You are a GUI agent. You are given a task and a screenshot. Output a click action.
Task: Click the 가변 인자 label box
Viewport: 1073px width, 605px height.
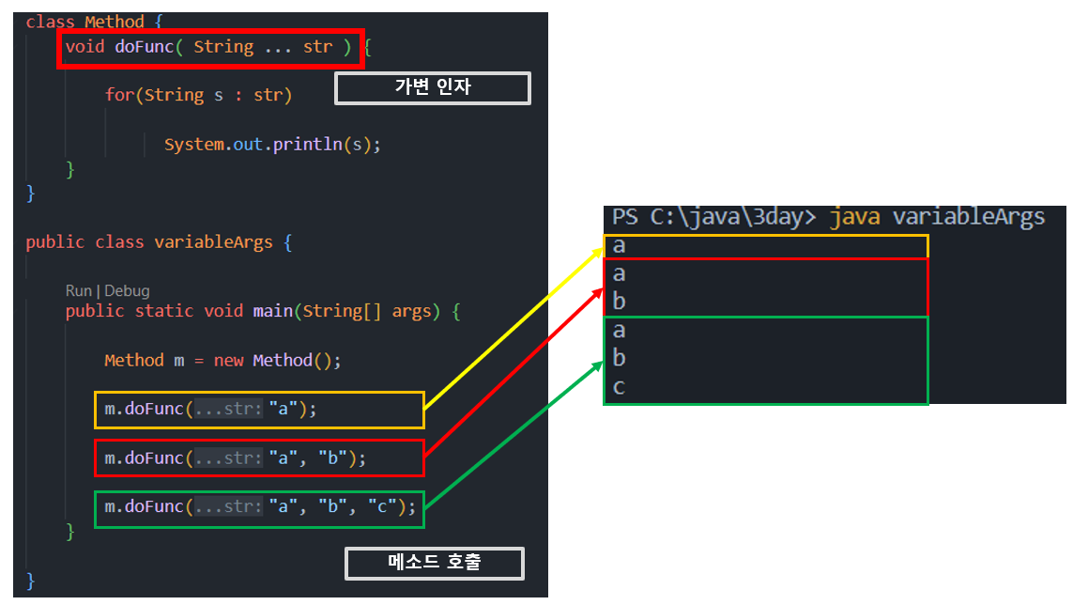pos(433,88)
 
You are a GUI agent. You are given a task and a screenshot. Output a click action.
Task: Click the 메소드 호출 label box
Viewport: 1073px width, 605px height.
pos(434,563)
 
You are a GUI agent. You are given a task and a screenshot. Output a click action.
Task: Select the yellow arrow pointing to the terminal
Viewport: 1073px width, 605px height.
pos(512,329)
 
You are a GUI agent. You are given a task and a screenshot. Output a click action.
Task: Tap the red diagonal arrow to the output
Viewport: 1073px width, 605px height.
pos(512,375)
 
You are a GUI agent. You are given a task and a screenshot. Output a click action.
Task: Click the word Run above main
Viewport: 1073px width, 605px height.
pos(79,291)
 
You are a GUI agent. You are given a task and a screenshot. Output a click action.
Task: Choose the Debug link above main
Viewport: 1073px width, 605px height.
pos(128,291)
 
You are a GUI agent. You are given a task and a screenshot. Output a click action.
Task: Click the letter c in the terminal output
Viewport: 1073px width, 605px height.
pos(619,387)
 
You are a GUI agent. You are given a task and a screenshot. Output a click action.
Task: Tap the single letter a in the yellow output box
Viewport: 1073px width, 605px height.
pos(619,246)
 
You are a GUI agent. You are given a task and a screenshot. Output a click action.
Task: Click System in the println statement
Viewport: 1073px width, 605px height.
pos(194,145)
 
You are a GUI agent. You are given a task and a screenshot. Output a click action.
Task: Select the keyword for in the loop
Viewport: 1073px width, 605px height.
pos(119,95)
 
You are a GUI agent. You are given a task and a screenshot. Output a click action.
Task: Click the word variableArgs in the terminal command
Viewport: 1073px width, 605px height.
pos(968,217)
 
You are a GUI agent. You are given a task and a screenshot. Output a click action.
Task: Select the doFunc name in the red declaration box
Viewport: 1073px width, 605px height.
pos(145,46)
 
